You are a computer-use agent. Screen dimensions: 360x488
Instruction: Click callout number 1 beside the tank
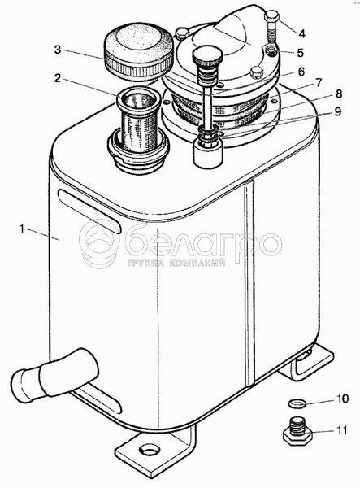click(x=22, y=229)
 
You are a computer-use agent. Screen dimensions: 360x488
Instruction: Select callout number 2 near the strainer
click(x=57, y=78)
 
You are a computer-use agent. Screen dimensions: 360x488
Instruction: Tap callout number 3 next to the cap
click(x=58, y=50)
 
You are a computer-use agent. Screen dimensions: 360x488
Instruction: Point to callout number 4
click(x=301, y=33)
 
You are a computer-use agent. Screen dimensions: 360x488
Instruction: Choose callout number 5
click(x=300, y=53)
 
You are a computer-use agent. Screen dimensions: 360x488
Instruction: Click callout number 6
click(x=301, y=72)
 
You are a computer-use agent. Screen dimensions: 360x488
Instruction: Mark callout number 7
click(x=318, y=83)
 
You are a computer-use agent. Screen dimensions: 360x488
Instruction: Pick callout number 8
click(x=339, y=94)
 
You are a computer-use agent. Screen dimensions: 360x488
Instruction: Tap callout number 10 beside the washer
click(x=342, y=399)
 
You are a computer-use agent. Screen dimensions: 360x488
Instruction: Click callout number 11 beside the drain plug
click(x=340, y=430)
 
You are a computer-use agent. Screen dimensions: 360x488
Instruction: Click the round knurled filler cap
click(x=138, y=55)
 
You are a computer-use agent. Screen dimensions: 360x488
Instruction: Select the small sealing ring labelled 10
click(x=297, y=403)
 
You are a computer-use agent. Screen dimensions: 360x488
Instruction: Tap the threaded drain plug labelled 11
click(x=297, y=431)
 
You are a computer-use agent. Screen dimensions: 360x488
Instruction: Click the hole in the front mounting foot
click(x=150, y=450)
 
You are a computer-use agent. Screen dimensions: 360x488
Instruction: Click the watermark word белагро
click(x=203, y=242)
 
